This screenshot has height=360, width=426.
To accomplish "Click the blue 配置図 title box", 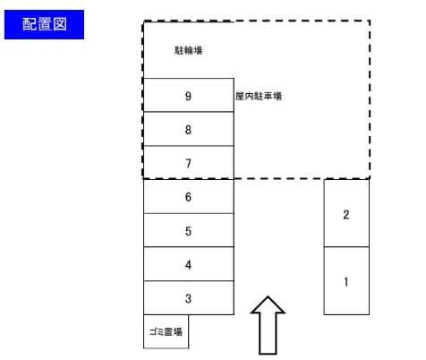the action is tap(44, 24).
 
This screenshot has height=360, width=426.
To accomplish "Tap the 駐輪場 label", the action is tap(189, 50).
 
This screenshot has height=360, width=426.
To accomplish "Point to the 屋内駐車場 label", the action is tap(259, 96).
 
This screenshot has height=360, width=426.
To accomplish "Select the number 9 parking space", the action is tap(189, 95).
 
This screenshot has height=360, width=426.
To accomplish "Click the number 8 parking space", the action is tap(189, 129).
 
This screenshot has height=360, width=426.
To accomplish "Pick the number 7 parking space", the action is tap(189, 163).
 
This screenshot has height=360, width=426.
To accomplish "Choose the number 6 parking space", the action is tap(189, 196).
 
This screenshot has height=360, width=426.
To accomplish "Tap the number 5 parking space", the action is tap(189, 230).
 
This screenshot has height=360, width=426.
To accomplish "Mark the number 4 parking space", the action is tap(189, 264).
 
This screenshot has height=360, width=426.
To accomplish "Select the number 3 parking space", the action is tap(189, 297).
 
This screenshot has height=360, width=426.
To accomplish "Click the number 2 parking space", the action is tap(346, 213).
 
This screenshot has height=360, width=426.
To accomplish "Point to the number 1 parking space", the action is tap(346, 280).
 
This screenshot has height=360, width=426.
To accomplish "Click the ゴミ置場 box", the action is tap(166, 331).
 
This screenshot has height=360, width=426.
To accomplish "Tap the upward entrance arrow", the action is tap(268, 325).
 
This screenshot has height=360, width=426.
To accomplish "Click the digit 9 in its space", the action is tap(188, 96).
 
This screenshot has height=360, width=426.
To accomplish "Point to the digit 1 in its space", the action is tap(346, 282).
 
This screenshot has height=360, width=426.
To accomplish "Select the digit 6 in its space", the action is tap(188, 197).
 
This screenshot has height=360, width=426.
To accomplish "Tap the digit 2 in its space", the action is tap(346, 215).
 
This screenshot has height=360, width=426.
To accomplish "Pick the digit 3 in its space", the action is tap(188, 298).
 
